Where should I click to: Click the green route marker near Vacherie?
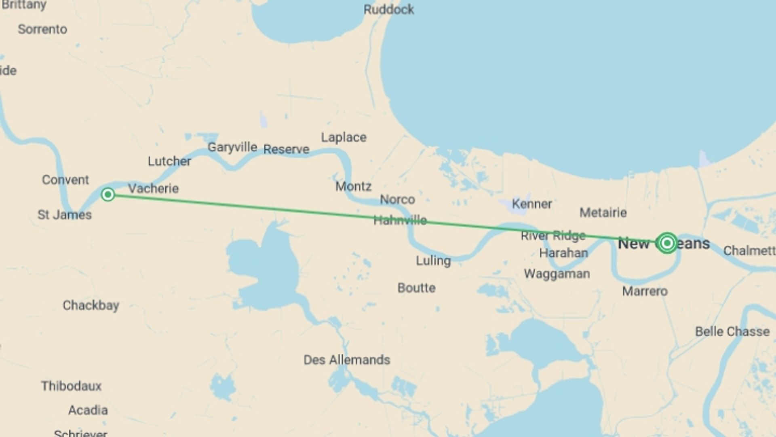click(108, 195)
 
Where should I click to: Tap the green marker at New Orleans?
click(667, 243)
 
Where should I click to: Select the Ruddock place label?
click(388, 9)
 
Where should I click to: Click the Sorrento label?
click(42, 29)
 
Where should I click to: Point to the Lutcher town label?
click(169, 161)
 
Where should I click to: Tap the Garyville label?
click(232, 147)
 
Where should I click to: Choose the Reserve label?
click(286, 149)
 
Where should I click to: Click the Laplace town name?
click(344, 138)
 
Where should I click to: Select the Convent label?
click(65, 180)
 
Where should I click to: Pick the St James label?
click(65, 214)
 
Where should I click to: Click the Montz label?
click(353, 187)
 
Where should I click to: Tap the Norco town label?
click(397, 199)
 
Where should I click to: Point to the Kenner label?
click(532, 204)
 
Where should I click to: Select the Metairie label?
click(603, 212)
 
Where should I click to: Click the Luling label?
click(433, 261)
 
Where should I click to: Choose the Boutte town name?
click(416, 288)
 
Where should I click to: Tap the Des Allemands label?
click(347, 360)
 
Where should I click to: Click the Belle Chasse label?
click(732, 332)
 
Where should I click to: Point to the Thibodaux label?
click(71, 386)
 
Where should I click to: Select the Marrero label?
click(645, 291)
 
